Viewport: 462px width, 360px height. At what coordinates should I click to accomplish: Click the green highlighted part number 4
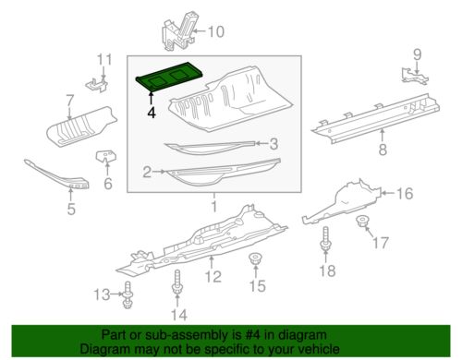point(169,77)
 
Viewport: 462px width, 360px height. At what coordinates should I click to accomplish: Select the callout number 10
point(215,31)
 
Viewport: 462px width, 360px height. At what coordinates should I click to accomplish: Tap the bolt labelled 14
point(177,282)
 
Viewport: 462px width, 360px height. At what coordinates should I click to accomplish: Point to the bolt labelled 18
point(325,239)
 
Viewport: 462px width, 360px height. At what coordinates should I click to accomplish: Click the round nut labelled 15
point(255,258)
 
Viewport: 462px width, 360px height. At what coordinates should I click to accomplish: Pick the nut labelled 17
point(362,221)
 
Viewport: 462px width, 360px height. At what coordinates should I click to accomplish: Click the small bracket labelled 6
point(105,156)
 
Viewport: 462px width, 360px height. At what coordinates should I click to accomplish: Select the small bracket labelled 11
point(97,84)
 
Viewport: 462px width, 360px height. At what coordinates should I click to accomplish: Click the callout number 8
point(383,150)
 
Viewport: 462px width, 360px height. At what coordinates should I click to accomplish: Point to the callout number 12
point(213,276)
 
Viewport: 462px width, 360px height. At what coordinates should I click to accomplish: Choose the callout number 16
point(405,194)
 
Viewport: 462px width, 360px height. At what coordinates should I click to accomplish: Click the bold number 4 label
point(152,112)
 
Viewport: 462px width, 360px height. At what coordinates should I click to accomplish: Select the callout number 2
point(147,172)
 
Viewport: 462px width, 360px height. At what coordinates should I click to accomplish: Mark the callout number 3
point(274,144)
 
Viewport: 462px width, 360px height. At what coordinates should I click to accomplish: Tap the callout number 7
point(70,101)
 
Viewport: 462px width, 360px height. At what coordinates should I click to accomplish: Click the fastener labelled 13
point(128,294)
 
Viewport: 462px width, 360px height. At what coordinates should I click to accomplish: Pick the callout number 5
point(71,210)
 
